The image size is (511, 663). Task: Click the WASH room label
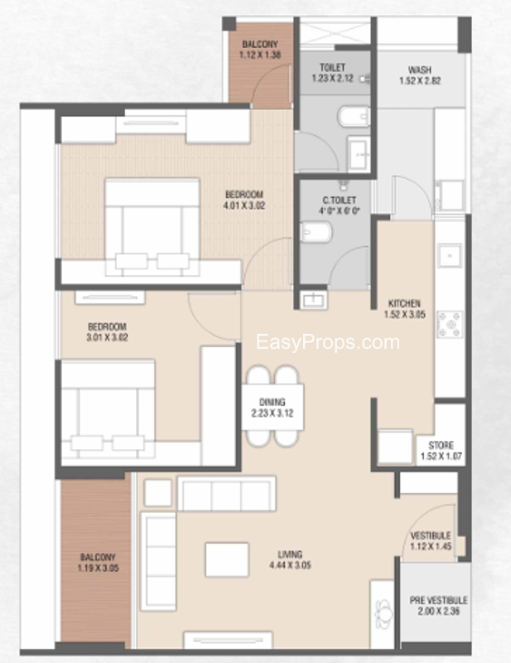pos(420,70)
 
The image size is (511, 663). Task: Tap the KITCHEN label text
pos(404,303)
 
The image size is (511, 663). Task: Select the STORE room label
pos(441,445)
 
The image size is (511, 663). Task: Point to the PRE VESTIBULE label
pos(438,600)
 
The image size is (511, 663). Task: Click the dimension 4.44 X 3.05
pos(290,565)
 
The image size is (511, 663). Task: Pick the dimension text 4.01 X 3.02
pos(243,206)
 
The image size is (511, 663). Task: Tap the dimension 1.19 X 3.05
pos(98,569)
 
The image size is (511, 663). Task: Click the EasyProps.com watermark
pos(328,342)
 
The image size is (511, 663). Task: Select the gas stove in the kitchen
pos(449,324)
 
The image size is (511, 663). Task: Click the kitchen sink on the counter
pos(449,256)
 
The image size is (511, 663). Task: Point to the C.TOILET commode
pos(316,232)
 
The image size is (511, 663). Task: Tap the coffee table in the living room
pos(227,560)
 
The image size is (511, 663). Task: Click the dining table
pos(272,407)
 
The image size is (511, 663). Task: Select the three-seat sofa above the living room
pos(227,493)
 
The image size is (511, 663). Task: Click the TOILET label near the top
pos(332,68)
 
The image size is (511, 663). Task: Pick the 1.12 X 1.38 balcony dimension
pos(260,55)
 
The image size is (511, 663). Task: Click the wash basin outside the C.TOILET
pos(313,300)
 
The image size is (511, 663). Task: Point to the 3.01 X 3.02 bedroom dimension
pos(107,338)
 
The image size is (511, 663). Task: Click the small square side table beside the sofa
pos(157,492)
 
